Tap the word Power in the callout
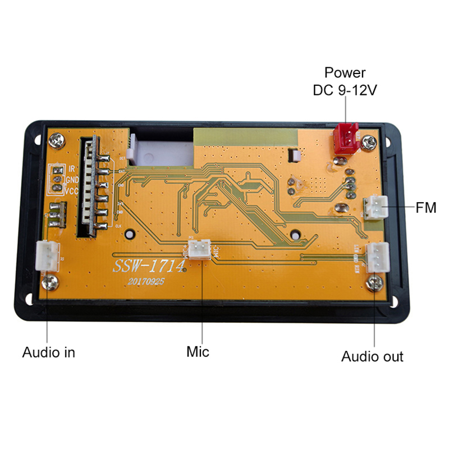(x=345, y=72)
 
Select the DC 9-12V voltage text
(x=345, y=89)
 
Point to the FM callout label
(x=426, y=208)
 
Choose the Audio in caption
(x=48, y=352)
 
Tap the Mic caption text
(x=198, y=352)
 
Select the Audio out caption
(x=372, y=356)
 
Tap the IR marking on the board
(x=72, y=168)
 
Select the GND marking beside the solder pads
(x=72, y=180)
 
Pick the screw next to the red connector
(x=369, y=143)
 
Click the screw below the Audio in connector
(x=49, y=280)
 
